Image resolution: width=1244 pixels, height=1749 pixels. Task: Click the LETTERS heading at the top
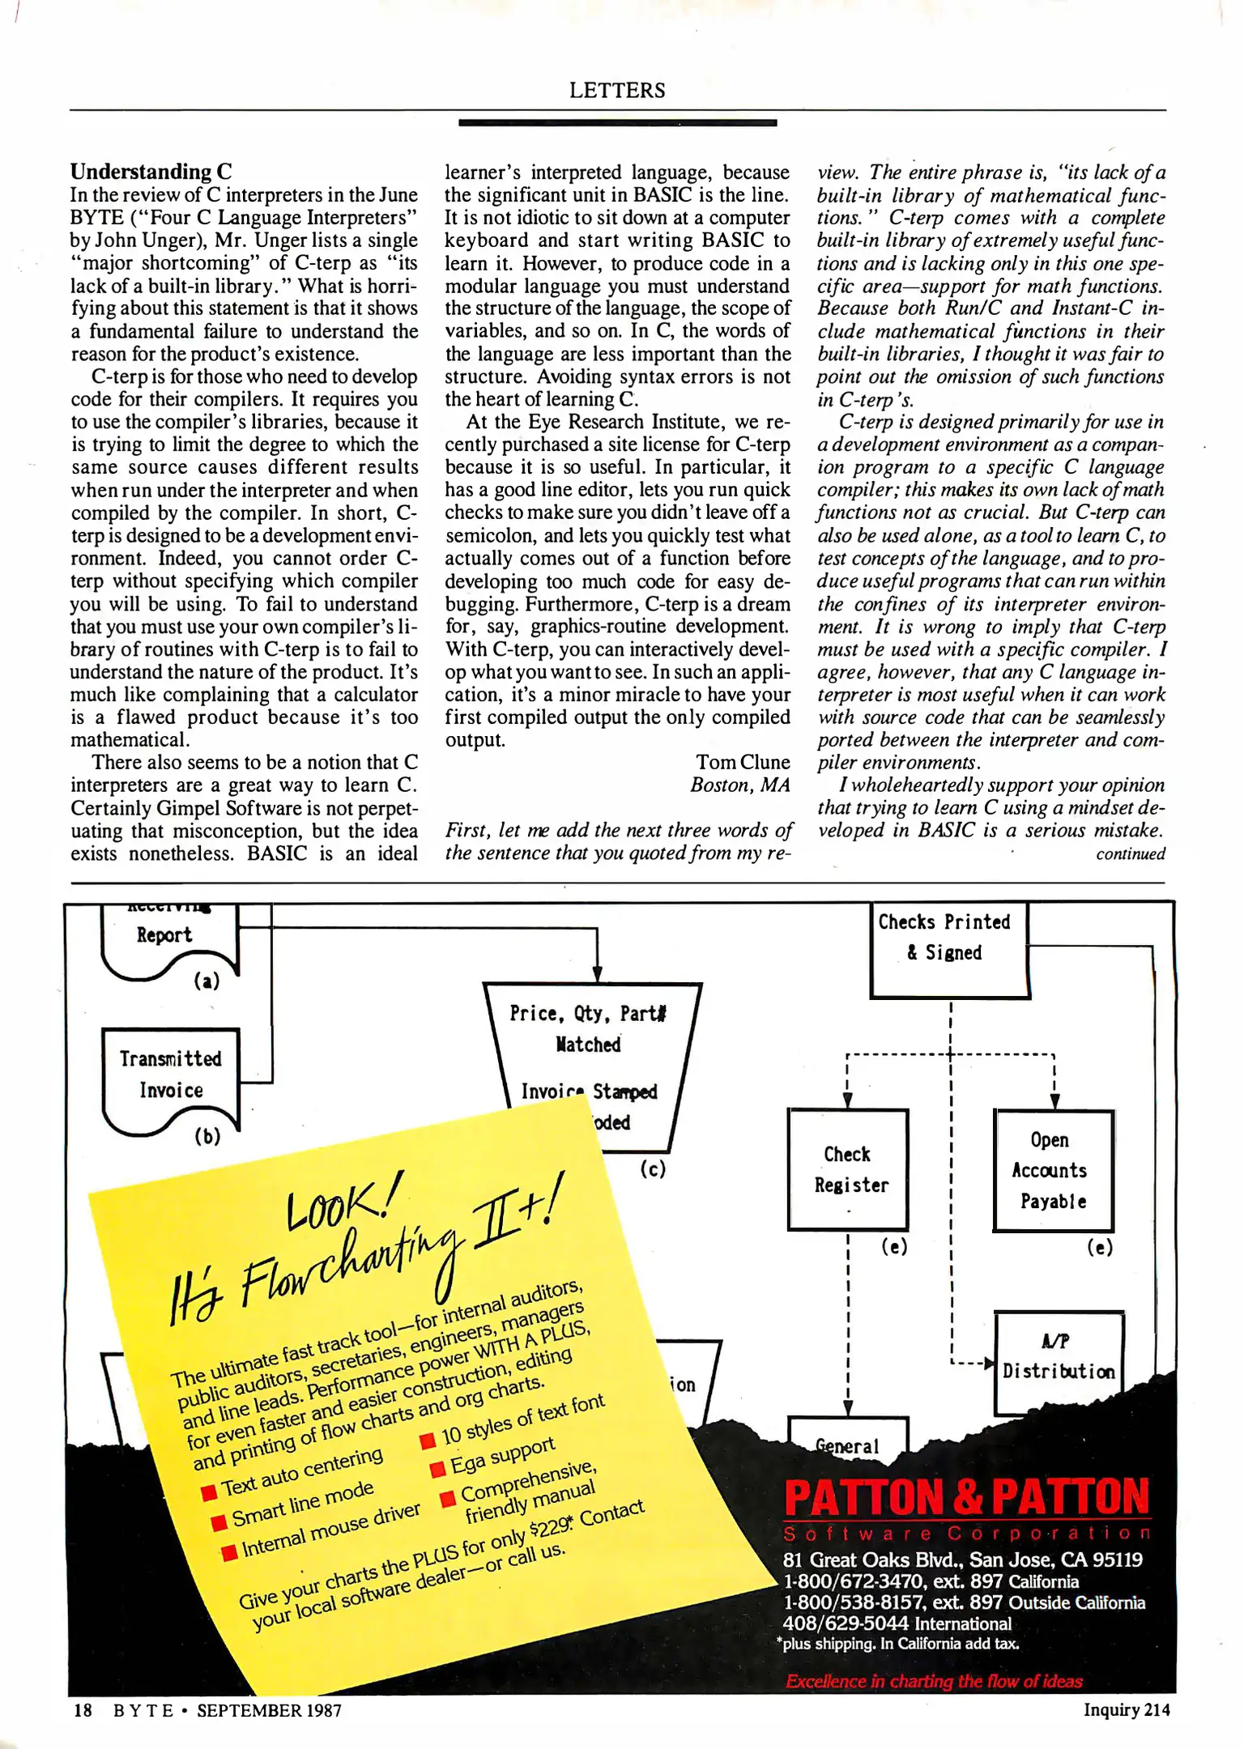pos(617,90)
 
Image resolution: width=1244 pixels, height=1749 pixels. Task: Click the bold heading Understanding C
pos(151,172)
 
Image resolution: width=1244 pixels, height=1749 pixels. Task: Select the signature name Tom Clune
pos(742,762)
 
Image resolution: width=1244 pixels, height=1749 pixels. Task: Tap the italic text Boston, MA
pos(739,785)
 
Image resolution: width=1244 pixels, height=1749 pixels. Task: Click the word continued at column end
pos(1130,853)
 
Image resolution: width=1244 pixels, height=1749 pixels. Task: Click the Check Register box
pos(848,1169)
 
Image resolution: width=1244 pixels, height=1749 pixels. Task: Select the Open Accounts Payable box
pos(1053,1170)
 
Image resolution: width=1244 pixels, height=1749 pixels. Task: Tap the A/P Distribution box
pos(1058,1357)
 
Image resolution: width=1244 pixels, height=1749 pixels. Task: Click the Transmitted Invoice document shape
pos(171,1075)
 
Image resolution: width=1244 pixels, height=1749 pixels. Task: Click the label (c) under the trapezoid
pos(653,1168)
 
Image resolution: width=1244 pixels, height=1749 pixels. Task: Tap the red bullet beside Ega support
pos(437,1469)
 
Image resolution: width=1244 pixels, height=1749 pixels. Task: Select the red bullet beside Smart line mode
pos(218,1523)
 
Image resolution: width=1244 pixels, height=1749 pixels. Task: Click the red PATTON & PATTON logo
pos(966,1496)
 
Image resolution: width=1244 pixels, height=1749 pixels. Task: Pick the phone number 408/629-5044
pos(845,1623)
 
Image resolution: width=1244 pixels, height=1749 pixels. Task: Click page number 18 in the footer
pos(83,1709)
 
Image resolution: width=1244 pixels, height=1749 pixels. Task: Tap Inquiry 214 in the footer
pos(1126,1709)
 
